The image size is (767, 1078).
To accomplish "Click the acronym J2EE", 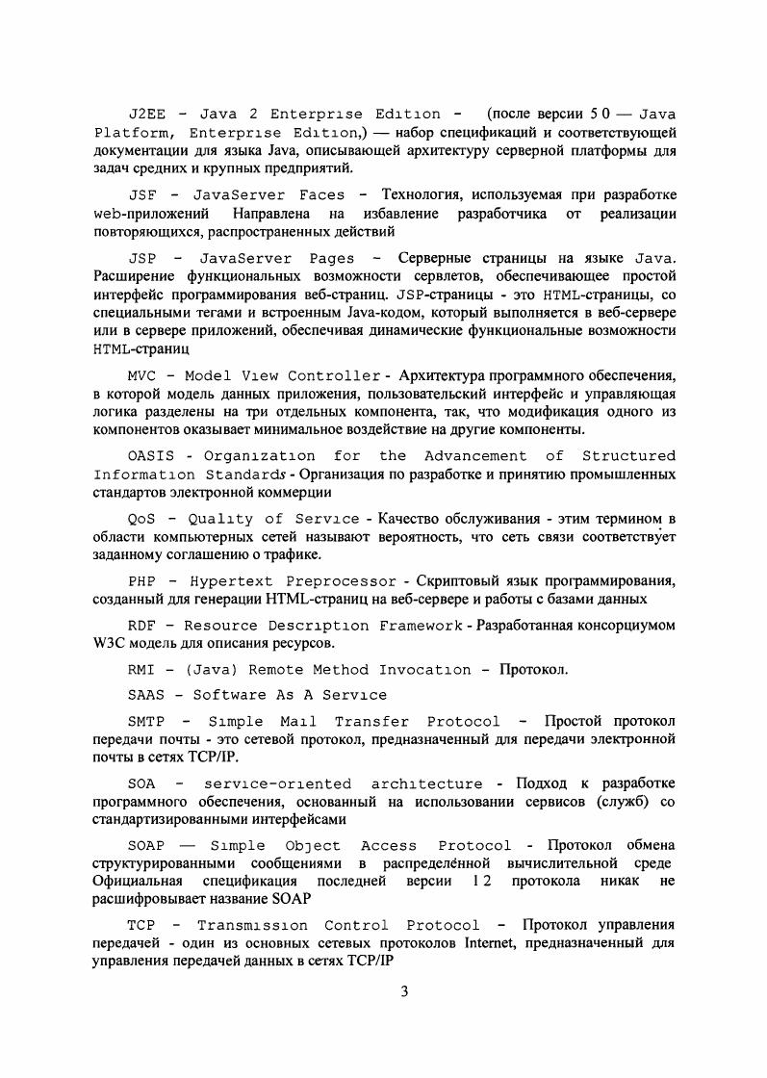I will point(146,115).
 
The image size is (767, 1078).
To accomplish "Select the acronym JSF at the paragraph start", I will point(142,194).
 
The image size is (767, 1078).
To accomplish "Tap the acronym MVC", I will point(142,375).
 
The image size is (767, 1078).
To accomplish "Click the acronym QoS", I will point(142,519).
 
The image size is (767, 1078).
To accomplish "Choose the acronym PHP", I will point(142,582).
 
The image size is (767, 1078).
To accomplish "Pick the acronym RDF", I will point(142,626).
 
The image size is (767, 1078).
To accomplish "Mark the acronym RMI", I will point(142,669).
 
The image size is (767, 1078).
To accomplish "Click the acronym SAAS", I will point(146,694).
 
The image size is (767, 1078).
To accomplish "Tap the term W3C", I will point(109,643).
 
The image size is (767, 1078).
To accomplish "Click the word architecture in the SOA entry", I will point(426,784).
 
